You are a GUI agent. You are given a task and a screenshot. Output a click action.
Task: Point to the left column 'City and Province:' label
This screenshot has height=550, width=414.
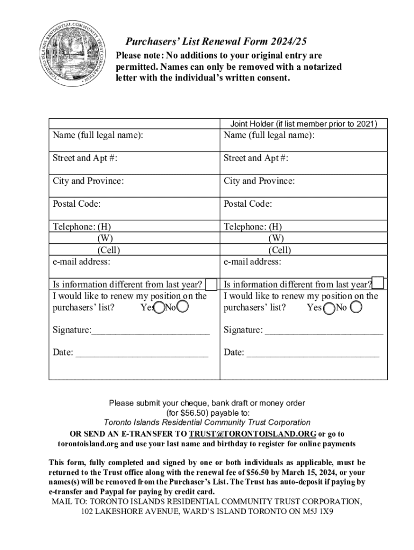(x=88, y=181)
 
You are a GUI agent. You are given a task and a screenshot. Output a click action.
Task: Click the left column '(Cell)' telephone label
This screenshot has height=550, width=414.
(x=109, y=250)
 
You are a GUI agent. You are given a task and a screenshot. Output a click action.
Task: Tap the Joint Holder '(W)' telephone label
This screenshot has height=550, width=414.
(x=276, y=238)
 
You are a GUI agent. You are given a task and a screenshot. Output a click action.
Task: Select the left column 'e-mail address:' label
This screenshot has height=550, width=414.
(x=81, y=262)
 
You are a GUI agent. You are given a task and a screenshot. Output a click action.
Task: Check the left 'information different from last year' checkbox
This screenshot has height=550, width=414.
(x=211, y=284)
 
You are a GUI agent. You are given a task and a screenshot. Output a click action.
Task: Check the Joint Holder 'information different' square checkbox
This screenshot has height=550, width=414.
(x=379, y=283)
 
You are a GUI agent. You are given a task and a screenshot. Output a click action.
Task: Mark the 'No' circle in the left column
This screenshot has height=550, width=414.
(x=183, y=307)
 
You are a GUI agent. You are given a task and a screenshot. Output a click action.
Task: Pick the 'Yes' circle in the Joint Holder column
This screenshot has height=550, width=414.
(x=329, y=308)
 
